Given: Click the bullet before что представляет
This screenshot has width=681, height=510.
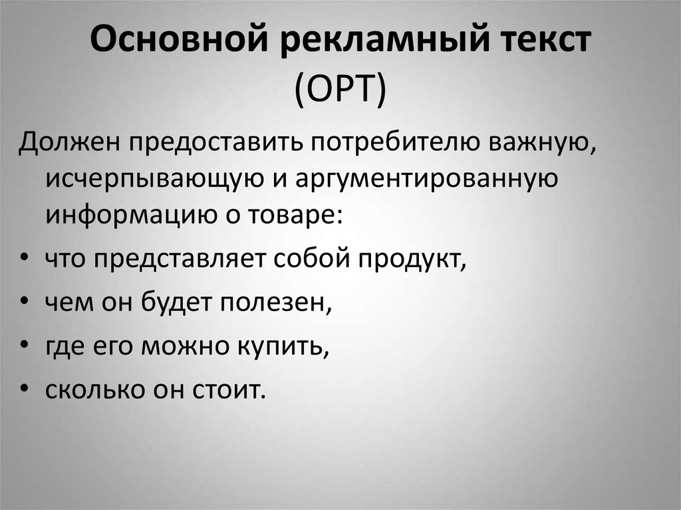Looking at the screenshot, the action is (24, 257).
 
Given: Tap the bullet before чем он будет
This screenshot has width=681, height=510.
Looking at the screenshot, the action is (24, 300).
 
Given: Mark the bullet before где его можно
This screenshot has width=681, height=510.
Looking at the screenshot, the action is (24, 344).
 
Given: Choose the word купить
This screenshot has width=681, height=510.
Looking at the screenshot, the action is (284, 346).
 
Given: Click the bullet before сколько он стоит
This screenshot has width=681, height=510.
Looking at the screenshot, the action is (24, 388).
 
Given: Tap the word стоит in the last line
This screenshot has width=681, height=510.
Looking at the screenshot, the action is (229, 390).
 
